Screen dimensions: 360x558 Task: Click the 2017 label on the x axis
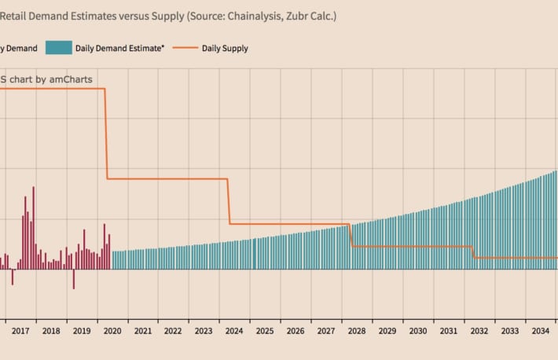pos(20,332)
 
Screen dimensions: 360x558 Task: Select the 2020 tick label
pos(112,332)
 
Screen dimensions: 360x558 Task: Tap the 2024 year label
pos(233,332)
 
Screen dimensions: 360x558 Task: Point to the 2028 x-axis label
pos(356,332)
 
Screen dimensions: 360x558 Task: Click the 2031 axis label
pos(448,332)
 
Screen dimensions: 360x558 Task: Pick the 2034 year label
pos(540,332)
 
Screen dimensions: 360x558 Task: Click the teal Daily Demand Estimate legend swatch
pos(59,48)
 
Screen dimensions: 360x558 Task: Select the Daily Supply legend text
pos(225,48)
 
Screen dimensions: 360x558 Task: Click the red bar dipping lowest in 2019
pos(73,279)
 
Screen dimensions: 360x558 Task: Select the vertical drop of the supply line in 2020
pos(106,134)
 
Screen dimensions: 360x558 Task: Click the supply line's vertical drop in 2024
pos(229,201)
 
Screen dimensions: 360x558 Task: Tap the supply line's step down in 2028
pos(351,236)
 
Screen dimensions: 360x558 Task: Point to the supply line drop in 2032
pos(473,252)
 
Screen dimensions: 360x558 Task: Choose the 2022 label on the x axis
pos(173,332)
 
